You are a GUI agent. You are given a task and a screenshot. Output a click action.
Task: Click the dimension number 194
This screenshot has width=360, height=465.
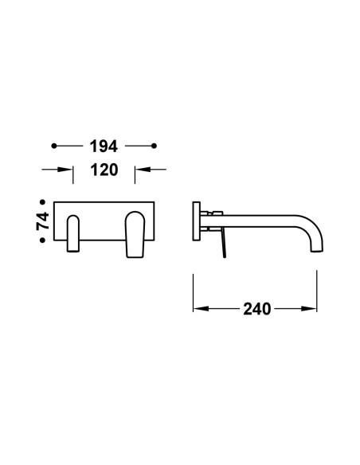click(104, 147)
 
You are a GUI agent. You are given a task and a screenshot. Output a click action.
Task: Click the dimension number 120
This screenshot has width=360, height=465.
click(104, 170)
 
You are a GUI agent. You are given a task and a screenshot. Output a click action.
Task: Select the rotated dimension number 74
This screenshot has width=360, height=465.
click(43, 221)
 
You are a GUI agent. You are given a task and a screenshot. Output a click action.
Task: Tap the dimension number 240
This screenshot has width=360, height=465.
click(257, 309)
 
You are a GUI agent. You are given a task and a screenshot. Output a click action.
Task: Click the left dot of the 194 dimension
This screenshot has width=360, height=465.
click(54, 146)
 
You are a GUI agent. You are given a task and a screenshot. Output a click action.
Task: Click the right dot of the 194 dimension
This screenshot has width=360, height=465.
click(154, 146)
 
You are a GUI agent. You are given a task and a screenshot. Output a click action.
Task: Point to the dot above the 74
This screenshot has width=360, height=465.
click(43, 202)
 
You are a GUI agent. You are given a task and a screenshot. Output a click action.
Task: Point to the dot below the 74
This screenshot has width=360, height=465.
click(43, 240)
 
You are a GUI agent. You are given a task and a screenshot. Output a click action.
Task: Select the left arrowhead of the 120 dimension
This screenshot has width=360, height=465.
click(65, 170)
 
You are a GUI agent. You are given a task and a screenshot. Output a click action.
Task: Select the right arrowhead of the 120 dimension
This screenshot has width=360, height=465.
click(143, 170)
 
